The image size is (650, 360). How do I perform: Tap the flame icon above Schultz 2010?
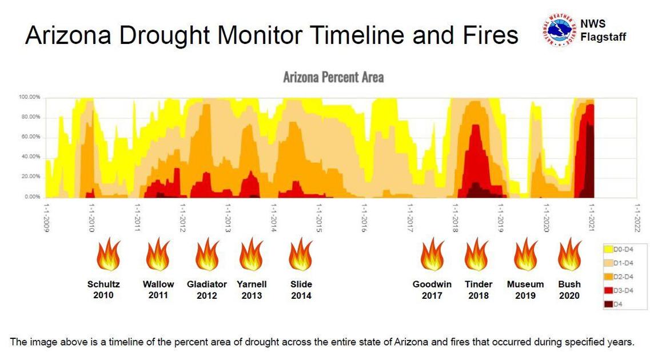point(108,255)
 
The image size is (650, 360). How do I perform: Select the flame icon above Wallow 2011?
point(158,255)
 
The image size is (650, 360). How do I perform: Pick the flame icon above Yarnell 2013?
point(251,255)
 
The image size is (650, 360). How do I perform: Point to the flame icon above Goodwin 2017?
point(432,255)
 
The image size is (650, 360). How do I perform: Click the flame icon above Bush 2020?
point(569,255)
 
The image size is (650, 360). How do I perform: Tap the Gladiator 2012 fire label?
point(207,290)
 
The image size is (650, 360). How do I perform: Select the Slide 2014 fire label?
point(301,290)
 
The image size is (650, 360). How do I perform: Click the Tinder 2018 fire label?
point(478,290)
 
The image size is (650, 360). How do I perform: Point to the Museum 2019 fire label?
point(525,290)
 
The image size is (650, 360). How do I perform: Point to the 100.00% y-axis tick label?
point(29,97)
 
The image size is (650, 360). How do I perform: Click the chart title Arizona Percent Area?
point(333,77)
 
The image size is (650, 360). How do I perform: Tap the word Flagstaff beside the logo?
point(603,37)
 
